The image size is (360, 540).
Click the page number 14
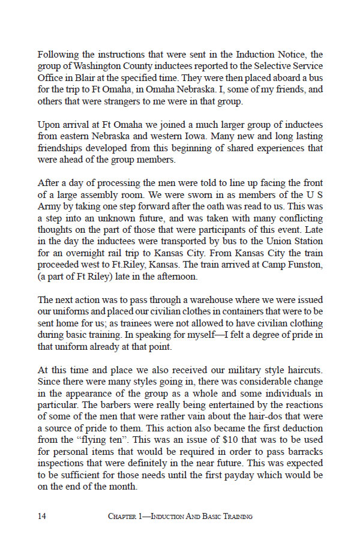pos(43,516)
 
